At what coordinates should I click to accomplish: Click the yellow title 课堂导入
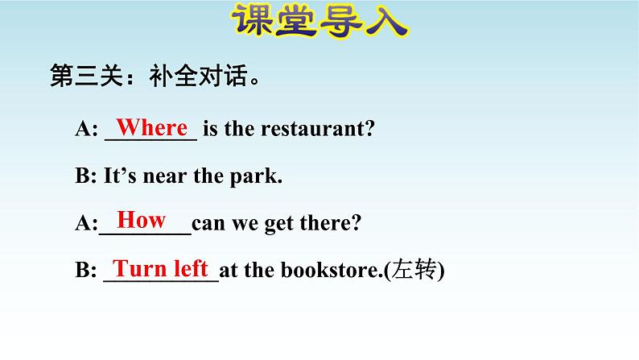click(320, 20)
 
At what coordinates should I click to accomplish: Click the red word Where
click(152, 127)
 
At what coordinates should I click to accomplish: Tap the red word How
click(142, 220)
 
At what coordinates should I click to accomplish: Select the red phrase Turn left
click(161, 268)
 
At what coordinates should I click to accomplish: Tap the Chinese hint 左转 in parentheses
click(414, 270)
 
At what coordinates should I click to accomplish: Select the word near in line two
click(165, 177)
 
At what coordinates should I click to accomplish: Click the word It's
click(120, 176)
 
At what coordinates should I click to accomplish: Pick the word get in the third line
click(279, 224)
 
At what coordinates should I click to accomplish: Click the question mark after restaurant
click(368, 128)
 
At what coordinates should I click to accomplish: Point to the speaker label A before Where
click(83, 129)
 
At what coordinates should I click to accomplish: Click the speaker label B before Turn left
click(83, 270)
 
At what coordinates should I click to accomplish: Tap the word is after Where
click(210, 129)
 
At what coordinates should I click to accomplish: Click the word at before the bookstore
click(229, 271)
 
